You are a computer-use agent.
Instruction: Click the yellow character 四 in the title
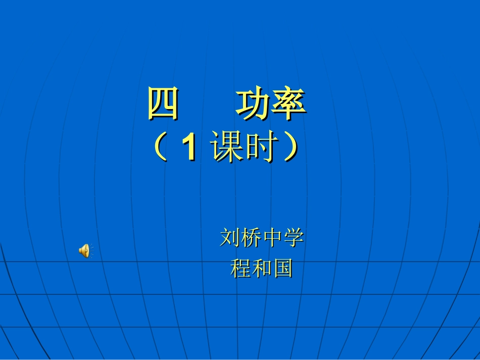(163, 105)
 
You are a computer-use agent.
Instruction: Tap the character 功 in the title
(253, 105)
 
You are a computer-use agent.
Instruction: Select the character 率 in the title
(288, 105)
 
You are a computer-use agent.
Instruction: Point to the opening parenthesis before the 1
(160, 148)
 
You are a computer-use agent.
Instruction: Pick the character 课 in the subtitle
(228, 148)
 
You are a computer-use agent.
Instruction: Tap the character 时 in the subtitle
(262, 148)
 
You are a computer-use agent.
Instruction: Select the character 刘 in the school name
(230, 238)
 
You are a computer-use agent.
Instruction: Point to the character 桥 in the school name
(251, 238)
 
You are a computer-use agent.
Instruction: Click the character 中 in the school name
(272, 238)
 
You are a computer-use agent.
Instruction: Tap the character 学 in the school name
(294, 238)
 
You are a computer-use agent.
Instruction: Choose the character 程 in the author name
(241, 268)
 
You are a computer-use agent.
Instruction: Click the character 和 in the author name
(262, 268)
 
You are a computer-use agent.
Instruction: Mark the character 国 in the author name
(283, 268)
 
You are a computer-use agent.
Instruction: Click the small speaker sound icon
(84, 250)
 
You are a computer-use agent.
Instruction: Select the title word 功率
(270, 105)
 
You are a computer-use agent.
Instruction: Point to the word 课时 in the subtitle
(246, 148)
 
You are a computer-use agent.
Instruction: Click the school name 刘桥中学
(262, 238)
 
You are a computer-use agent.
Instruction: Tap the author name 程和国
(262, 268)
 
